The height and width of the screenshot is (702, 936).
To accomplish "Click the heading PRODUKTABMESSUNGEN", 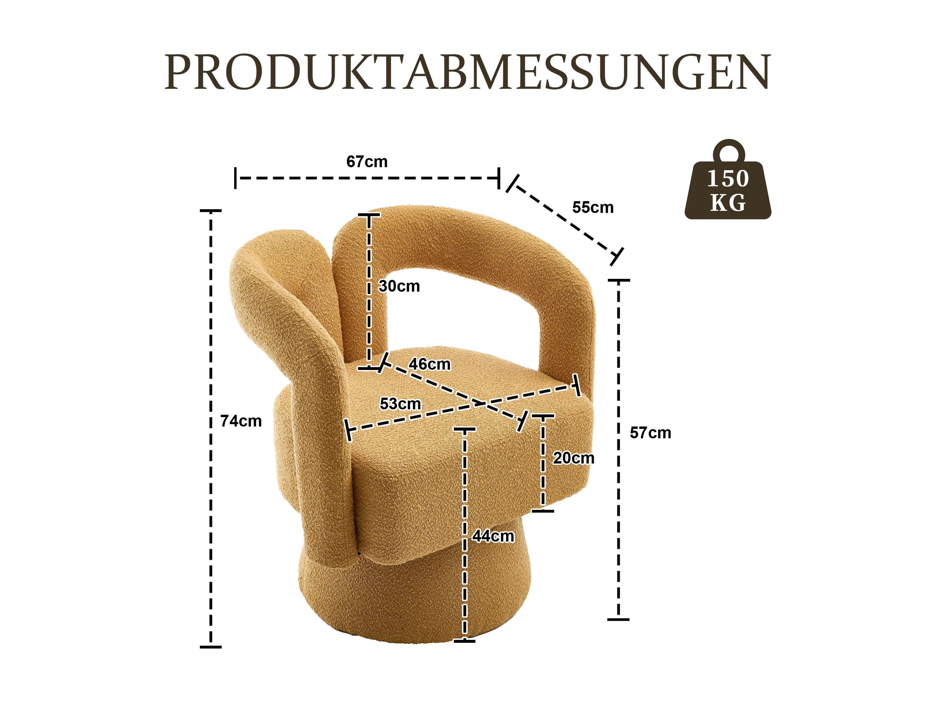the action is [468, 72].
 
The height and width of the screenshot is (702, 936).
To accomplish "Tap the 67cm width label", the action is [367, 162].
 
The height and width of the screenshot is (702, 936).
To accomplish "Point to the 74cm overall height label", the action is [241, 421].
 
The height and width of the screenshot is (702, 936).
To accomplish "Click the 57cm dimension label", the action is [650, 433].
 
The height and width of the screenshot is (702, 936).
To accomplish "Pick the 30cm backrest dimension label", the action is [399, 287].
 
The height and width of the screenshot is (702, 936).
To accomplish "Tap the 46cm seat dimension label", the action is [430, 364].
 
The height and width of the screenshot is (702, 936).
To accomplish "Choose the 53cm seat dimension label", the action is [400, 404].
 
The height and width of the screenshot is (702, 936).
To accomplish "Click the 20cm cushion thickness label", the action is [573, 458].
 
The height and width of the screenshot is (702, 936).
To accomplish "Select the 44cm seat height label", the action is [493, 537].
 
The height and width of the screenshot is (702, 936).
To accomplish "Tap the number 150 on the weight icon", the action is [728, 179].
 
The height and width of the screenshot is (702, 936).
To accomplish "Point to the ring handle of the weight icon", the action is [728, 149].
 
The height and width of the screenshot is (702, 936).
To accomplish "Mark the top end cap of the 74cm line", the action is [210, 210].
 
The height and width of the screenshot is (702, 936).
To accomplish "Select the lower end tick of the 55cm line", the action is [617, 256].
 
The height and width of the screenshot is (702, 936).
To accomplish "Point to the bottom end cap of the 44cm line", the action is [464, 653].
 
